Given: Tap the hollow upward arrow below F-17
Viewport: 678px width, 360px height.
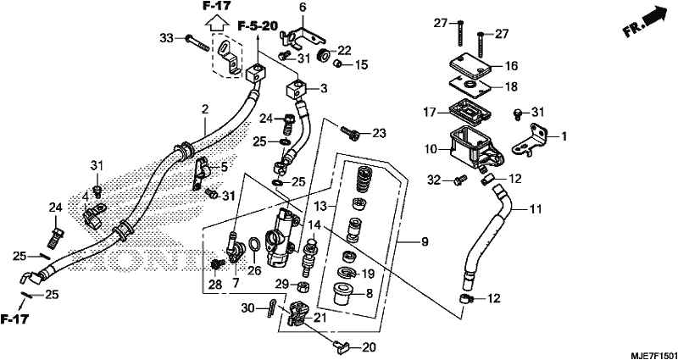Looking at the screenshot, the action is [x=217, y=23].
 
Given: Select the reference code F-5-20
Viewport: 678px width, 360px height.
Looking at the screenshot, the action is [x=258, y=26].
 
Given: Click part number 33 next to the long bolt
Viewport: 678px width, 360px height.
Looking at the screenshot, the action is [x=166, y=38].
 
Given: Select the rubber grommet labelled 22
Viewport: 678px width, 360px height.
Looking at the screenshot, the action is [x=322, y=55].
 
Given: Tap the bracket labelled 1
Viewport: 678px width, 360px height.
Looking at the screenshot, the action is [x=531, y=141].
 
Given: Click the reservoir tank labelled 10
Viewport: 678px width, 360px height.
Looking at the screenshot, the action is [x=475, y=147].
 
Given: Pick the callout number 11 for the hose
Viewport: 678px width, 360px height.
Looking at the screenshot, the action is [x=536, y=209].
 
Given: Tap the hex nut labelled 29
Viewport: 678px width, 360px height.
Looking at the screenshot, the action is [x=304, y=285].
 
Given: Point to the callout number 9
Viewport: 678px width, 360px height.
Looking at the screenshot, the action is [x=425, y=242].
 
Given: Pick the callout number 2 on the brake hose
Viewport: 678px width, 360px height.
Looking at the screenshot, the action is [x=205, y=110].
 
